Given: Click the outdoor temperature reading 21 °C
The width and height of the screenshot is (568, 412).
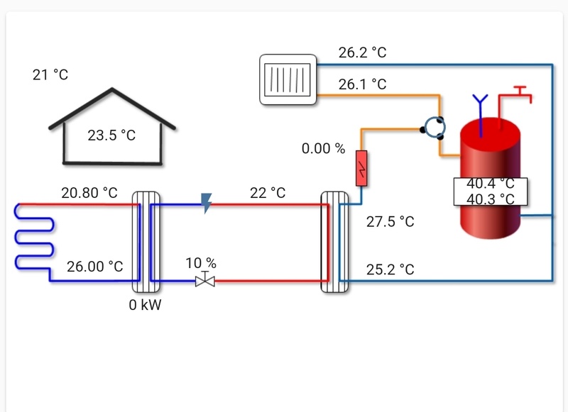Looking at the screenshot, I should click(50, 74).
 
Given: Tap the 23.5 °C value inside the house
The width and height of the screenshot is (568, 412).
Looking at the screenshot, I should click(111, 135).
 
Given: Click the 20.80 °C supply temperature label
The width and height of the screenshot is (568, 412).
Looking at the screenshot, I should click(89, 192).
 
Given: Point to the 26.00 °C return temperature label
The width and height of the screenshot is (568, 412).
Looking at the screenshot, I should click(95, 267).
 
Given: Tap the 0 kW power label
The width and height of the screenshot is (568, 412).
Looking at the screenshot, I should click(146, 305).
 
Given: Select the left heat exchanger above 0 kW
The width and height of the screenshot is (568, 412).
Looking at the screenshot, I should click(147, 241).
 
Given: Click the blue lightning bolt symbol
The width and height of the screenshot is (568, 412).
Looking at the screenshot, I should click(207, 203).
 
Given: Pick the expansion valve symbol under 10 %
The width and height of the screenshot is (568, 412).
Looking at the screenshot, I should click(206, 280).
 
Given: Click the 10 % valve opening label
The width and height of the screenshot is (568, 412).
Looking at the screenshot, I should click(201, 263).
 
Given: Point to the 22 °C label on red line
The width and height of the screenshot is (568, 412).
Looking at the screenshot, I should click(268, 192).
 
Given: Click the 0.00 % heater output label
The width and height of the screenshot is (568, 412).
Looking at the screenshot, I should click(323, 149).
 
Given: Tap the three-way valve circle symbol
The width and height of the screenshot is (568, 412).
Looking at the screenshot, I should click(432, 128).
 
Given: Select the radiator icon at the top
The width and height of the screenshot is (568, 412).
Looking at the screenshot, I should click(288, 79).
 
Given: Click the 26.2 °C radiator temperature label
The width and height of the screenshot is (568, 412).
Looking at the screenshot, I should click(362, 52).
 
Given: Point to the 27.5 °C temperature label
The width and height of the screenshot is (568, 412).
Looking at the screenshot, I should click(390, 221).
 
